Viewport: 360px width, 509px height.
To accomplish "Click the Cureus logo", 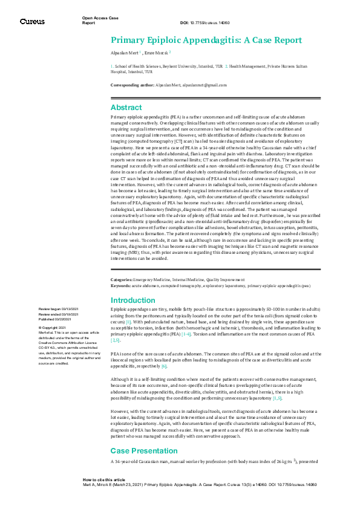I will click(x=31, y=21).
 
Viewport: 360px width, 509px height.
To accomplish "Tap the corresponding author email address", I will click(x=200, y=85).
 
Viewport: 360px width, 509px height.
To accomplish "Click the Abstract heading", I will click(x=126, y=107).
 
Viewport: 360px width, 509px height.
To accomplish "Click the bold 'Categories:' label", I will click(x=122, y=279).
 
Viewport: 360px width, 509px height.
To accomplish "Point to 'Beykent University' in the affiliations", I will click(x=175, y=66).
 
